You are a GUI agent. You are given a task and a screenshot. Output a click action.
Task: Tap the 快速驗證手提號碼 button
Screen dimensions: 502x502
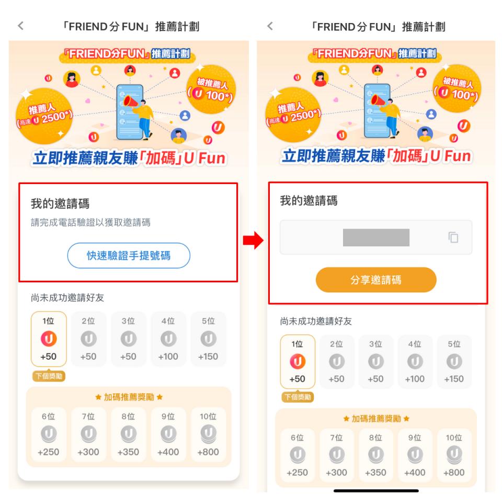129,256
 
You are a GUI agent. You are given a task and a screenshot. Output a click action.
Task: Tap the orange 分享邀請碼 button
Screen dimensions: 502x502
376,280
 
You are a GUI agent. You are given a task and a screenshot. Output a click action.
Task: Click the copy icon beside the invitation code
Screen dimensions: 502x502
453,237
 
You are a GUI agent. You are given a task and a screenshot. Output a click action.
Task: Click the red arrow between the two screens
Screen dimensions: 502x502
253,240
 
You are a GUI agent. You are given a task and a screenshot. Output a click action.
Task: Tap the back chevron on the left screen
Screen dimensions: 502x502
21,26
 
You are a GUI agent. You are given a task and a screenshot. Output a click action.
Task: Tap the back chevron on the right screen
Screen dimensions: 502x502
270,26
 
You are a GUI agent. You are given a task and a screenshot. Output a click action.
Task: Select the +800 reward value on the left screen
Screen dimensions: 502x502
208,452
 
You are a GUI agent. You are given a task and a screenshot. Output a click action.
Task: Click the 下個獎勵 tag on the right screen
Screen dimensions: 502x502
298,397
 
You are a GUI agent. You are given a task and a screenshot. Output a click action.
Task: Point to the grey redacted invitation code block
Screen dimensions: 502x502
376,237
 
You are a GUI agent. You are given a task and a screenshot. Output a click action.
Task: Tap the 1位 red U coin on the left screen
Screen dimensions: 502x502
49,339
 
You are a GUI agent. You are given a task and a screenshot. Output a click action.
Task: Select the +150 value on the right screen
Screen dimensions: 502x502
454,379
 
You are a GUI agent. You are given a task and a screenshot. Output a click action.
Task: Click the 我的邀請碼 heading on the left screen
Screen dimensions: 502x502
60,203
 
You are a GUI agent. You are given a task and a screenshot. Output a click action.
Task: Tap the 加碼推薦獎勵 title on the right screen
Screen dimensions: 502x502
376,418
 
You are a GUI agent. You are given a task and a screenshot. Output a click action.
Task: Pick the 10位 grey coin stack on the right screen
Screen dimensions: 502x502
454,455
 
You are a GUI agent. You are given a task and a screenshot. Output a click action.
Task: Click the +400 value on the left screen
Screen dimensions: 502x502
168,452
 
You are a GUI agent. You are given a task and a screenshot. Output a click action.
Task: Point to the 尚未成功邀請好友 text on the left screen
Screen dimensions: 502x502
67,298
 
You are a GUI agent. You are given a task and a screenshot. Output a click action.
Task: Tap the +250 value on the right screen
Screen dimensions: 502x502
297,473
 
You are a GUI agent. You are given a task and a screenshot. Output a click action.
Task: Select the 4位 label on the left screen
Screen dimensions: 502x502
168,321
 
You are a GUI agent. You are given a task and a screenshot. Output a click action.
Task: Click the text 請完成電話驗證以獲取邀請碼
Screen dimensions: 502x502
90,222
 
